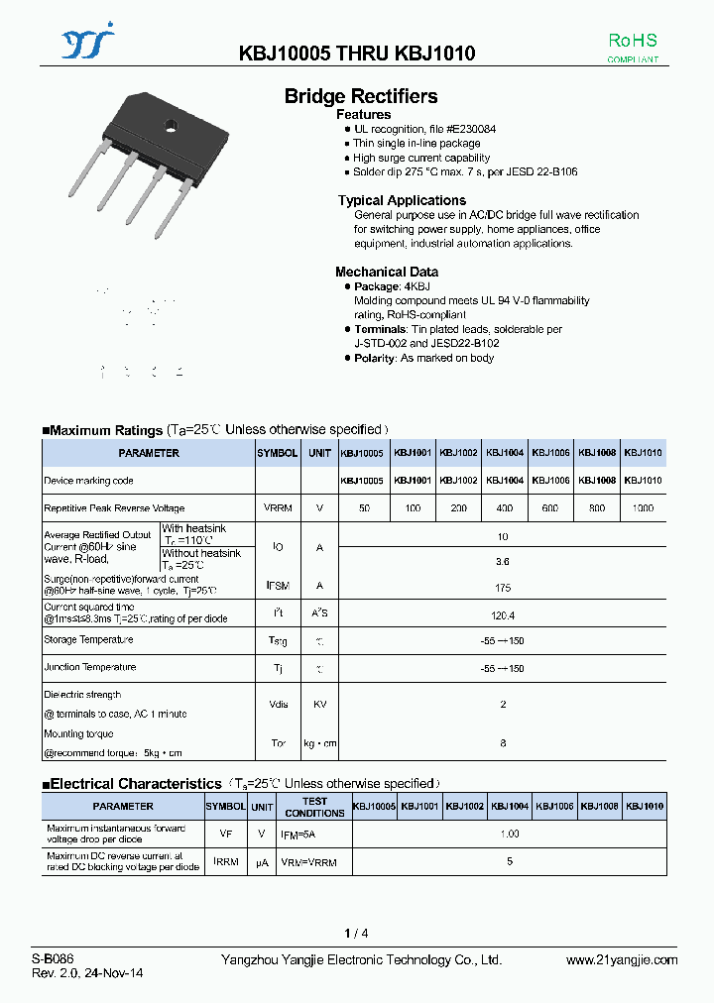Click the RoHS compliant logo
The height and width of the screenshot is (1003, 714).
pyautogui.click(x=632, y=47)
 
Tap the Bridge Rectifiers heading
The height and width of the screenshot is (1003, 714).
pyautogui.click(x=361, y=96)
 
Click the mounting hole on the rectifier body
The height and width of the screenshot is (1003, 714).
pyautogui.click(x=170, y=125)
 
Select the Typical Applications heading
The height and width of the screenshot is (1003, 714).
pyautogui.click(x=402, y=200)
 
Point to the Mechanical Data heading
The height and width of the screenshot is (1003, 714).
pyautogui.click(x=387, y=272)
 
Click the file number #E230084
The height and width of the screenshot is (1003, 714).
pyautogui.click(x=471, y=130)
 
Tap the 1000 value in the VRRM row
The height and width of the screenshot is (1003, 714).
pyautogui.click(x=643, y=507)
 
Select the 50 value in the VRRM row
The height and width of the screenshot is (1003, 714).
pyautogui.click(x=365, y=507)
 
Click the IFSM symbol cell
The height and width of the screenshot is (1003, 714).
pyautogui.click(x=277, y=586)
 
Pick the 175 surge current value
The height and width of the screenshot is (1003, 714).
pyautogui.click(x=503, y=586)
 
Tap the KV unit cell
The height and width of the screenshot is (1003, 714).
pyautogui.click(x=319, y=705)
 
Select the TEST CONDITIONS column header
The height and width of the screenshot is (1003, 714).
pyautogui.click(x=314, y=807)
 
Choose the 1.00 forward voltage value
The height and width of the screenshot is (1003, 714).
pyautogui.click(x=510, y=835)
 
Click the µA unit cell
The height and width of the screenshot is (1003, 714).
pyautogui.click(x=262, y=862)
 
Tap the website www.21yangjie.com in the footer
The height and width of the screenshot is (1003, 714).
pyautogui.click(x=622, y=959)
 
